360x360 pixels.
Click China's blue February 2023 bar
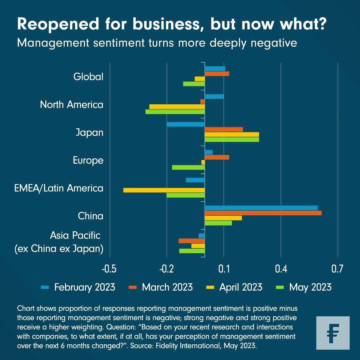coord(261,208)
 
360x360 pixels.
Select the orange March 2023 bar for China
coord(263,213)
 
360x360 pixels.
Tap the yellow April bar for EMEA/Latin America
coord(164,190)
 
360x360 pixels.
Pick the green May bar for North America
coord(175,112)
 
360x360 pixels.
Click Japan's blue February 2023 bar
coord(186,124)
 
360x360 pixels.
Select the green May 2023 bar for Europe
coord(188,167)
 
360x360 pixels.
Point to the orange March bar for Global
coord(217,74)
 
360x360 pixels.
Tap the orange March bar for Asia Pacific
coord(192,241)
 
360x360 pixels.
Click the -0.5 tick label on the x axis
coord(110,269)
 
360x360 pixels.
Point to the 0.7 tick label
coord(337,269)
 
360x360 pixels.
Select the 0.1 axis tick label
coord(224,269)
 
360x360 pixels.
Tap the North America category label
coord(72,105)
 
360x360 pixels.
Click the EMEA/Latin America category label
coord(59,188)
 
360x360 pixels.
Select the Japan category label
coord(89,133)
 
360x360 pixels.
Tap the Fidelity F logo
coord(333,333)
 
